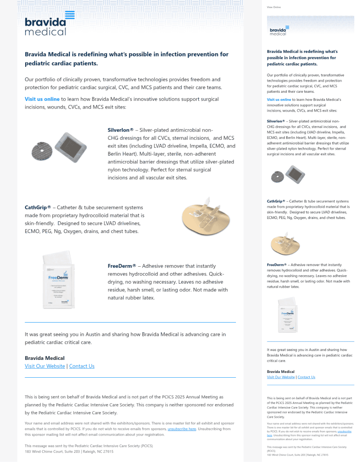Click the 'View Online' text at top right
(x=274, y=7)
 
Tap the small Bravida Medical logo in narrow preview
(x=278, y=30)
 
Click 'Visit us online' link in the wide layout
(x=42, y=99)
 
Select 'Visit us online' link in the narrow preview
(x=279, y=99)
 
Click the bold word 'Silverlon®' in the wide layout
(x=120, y=130)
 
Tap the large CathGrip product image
(x=206, y=218)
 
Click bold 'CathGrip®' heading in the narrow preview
(x=276, y=201)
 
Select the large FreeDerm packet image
(x=59, y=280)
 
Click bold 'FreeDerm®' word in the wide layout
(x=122, y=266)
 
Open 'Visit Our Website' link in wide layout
(x=45, y=366)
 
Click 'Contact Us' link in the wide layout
(x=81, y=366)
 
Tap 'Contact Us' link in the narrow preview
(x=306, y=377)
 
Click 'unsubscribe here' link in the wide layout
(x=182, y=429)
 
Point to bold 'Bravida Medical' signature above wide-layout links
(x=45, y=358)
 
